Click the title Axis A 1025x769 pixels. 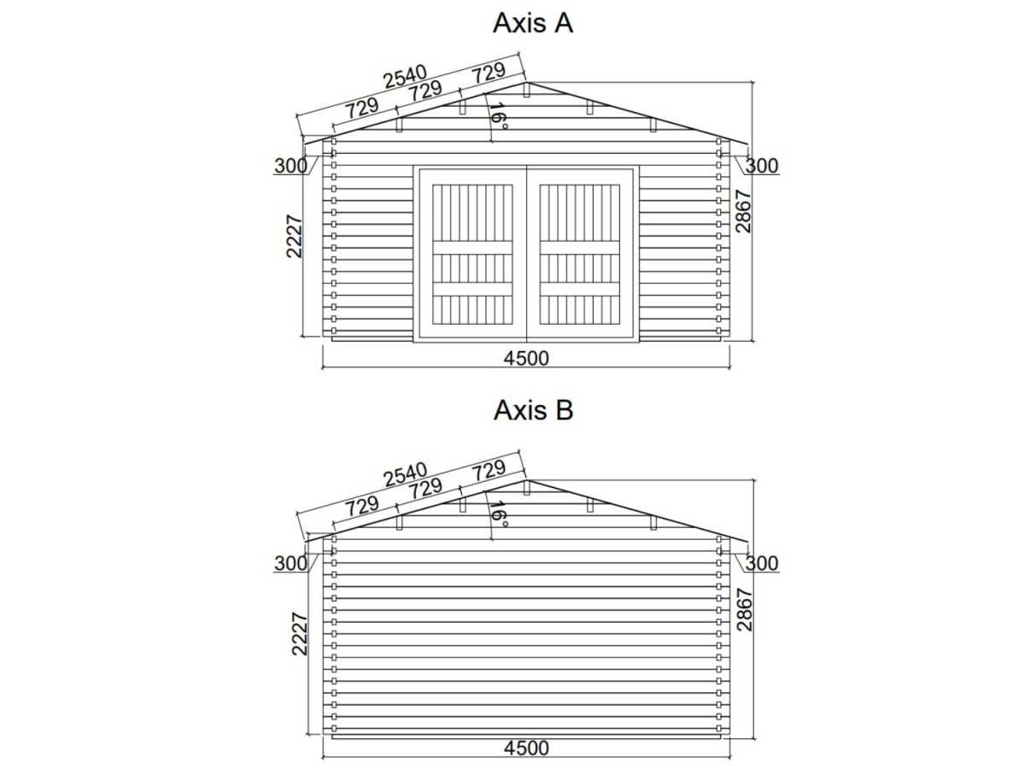coord(533,23)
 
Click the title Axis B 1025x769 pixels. coord(533,410)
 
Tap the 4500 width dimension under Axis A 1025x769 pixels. coord(526,358)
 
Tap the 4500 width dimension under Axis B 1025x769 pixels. coord(526,748)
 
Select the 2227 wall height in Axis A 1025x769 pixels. coord(295,237)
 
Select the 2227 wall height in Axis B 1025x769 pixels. coord(299,634)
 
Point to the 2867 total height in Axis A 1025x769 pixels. coord(743,211)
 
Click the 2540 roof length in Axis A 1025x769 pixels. coord(406,77)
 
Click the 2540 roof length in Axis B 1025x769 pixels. coord(406,474)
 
